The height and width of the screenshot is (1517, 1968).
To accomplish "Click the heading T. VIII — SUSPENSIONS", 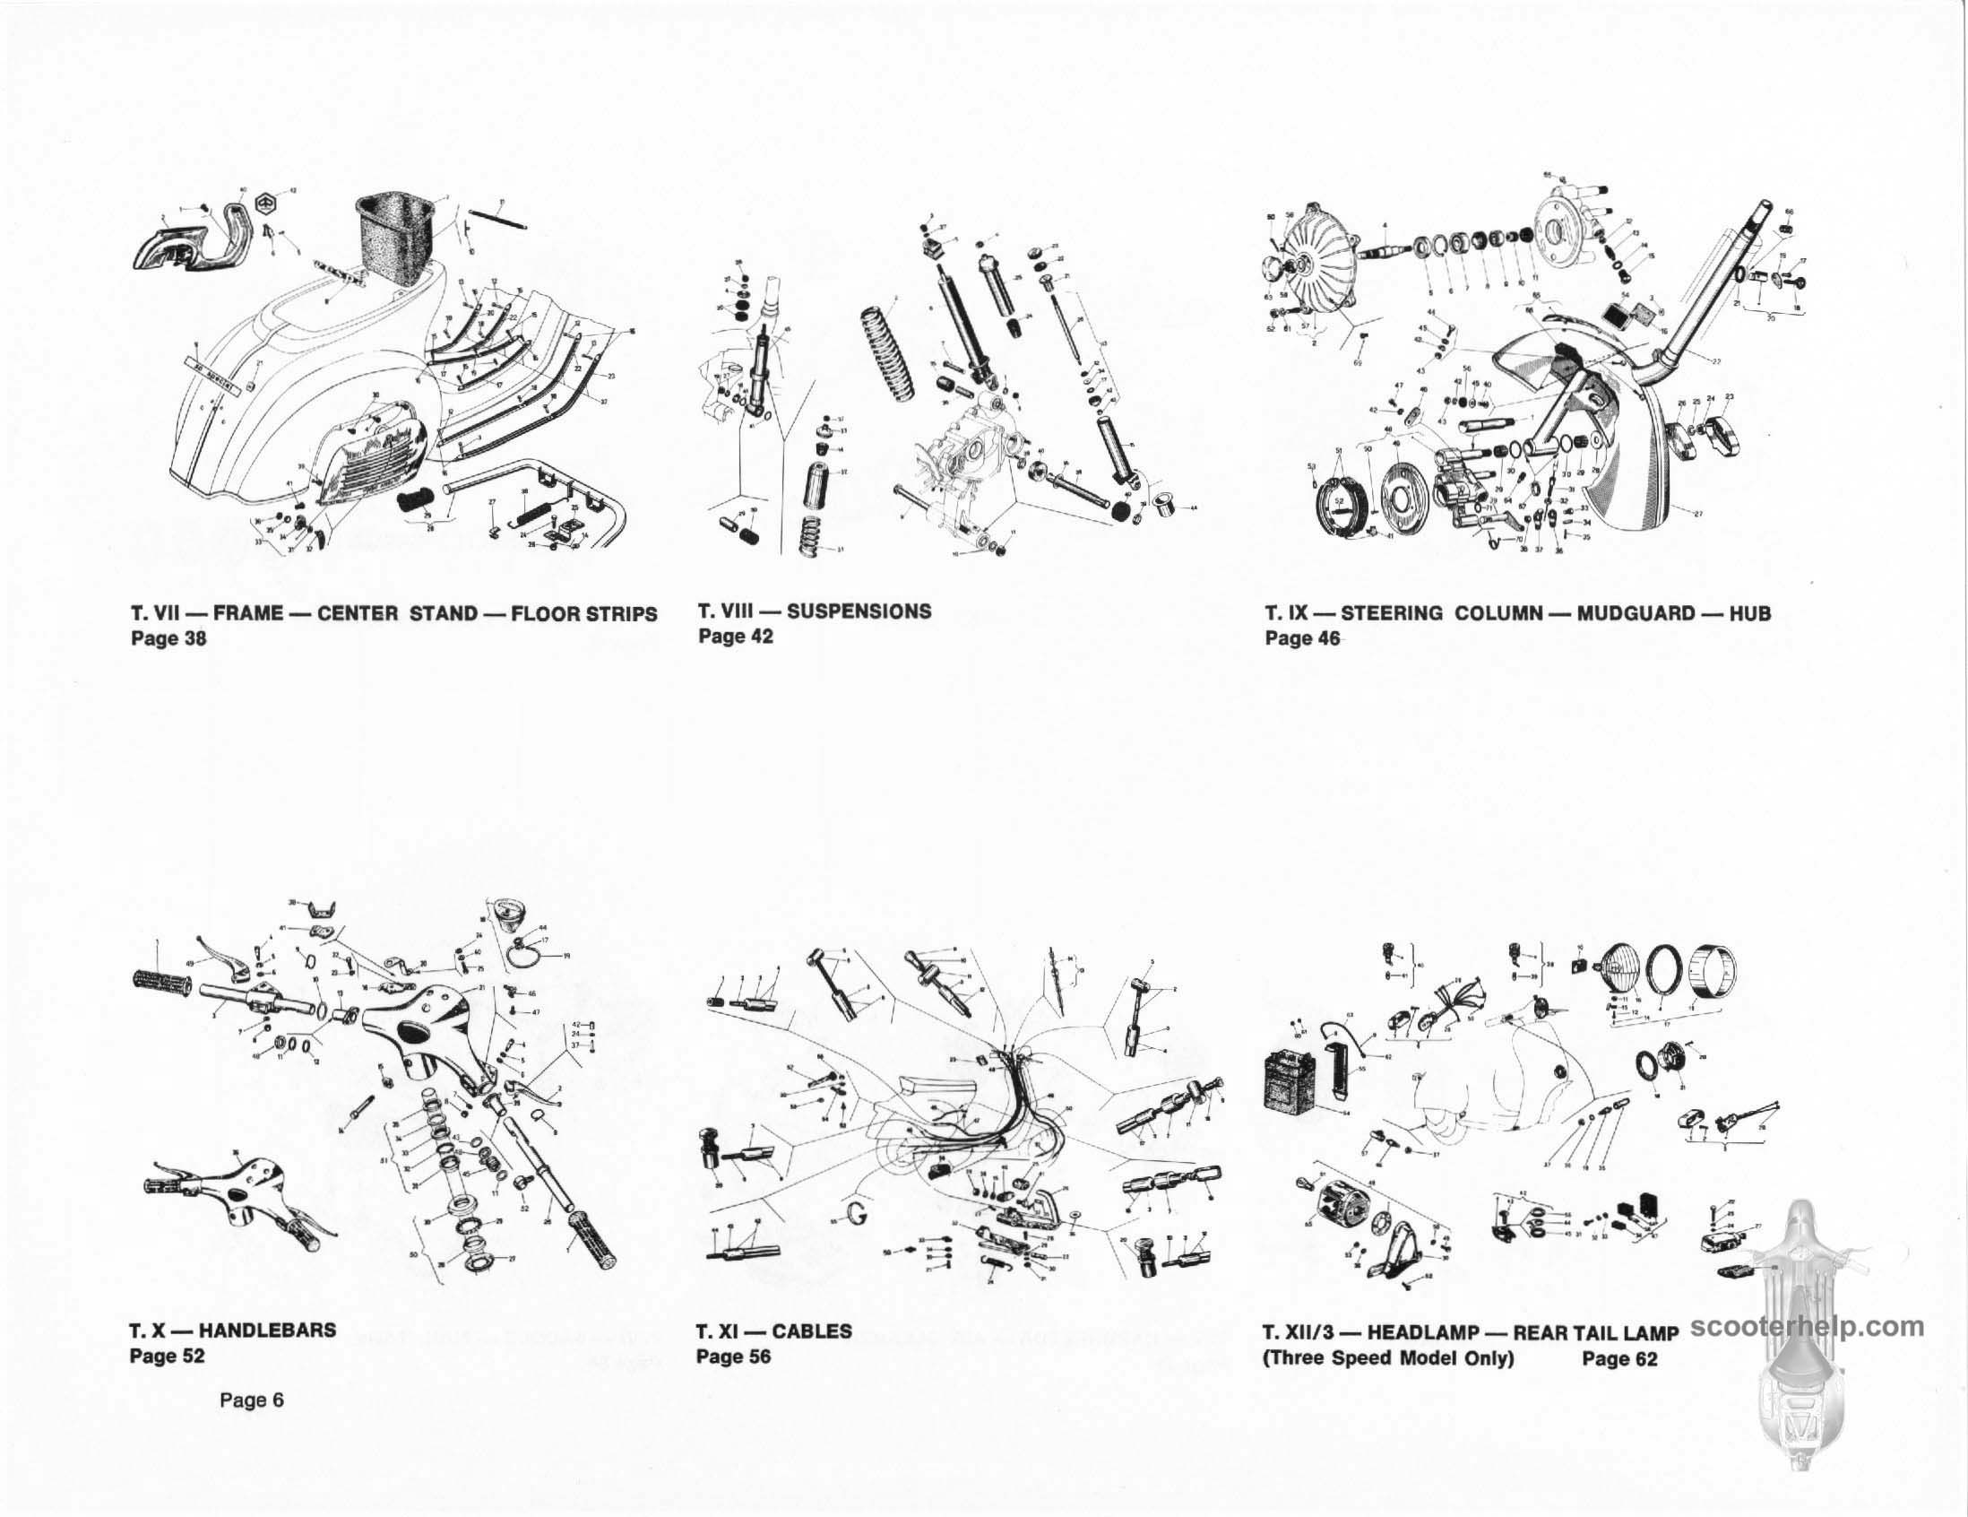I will tap(815, 611).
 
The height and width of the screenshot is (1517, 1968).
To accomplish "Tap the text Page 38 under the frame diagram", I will tap(168, 638).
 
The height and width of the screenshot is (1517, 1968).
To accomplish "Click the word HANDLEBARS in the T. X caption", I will tap(268, 1330).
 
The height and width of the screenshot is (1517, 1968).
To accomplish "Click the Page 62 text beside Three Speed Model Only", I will tap(1619, 1357).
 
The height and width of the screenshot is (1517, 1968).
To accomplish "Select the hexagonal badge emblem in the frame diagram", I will tap(267, 203).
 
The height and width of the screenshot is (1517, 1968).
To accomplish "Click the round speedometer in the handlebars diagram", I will tap(500, 912).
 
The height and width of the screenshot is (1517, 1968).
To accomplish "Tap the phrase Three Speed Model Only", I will tap(1387, 1357).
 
